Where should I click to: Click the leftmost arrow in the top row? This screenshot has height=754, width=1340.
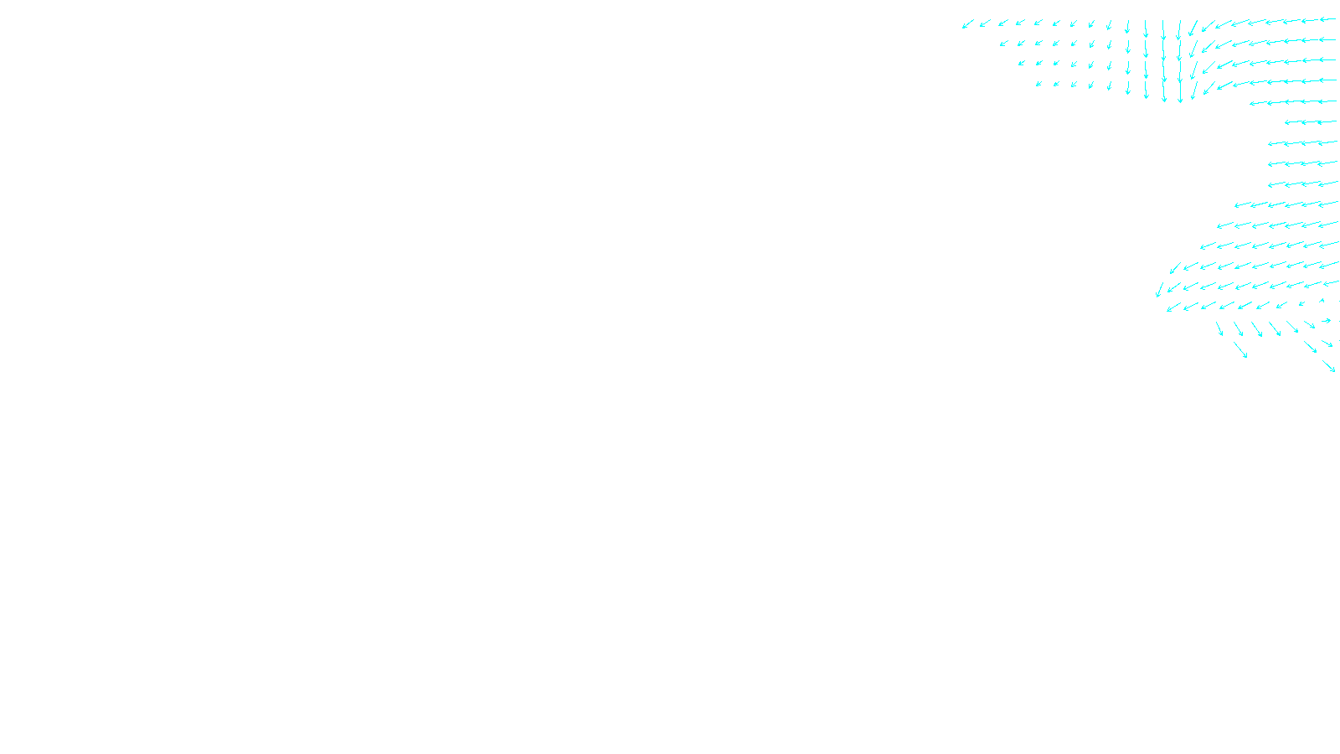tap(967, 24)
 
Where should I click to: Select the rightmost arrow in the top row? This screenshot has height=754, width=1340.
tap(1327, 19)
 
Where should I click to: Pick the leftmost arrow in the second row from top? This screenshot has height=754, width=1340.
tap(1003, 44)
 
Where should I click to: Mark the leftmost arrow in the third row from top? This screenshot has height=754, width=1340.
tap(1022, 63)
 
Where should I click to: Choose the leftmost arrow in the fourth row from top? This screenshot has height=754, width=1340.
tap(1038, 84)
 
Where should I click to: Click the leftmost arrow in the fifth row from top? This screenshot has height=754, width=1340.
tap(1258, 103)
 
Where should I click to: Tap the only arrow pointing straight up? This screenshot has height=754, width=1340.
tap(1322, 301)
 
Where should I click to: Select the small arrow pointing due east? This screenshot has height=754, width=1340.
tap(1326, 321)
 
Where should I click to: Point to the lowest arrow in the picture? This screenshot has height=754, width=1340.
tap(1329, 366)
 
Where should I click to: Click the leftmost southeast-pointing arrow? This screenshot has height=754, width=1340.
tap(1219, 328)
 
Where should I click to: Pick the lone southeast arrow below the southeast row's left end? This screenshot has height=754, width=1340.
tap(1240, 349)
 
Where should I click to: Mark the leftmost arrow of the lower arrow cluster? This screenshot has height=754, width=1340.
tap(1160, 289)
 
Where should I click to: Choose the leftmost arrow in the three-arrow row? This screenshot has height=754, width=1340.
tap(1294, 122)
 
